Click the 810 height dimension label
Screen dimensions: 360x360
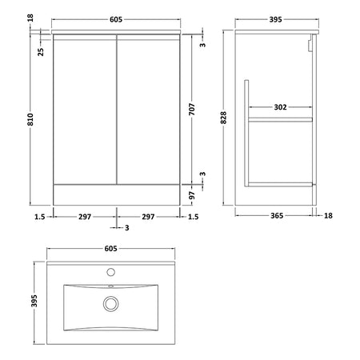pos(31,119)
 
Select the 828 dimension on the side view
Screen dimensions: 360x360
pos(223,118)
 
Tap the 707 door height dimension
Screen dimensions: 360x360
pos(192,110)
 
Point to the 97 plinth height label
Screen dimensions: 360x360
pos(192,195)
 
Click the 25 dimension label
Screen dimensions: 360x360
pos(41,52)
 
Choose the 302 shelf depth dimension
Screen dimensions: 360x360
pos(280,107)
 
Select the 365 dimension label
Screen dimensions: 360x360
pos(277,215)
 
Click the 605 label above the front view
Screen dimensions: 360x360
pos(116,19)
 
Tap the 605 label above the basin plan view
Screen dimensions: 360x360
pos(110,249)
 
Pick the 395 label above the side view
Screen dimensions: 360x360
pos(275,19)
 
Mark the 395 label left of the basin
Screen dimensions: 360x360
pos(34,301)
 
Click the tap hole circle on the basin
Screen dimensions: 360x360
pos(110,272)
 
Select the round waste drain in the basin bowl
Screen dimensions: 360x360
pos(110,304)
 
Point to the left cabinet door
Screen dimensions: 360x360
pos(85,110)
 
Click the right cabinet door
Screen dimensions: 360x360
pos(148,110)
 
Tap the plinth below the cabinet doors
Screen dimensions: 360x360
pos(117,195)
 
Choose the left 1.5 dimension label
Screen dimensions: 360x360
pos(40,217)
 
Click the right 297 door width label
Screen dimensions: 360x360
pos(148,217)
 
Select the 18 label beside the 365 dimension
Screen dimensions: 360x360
pos(328,215)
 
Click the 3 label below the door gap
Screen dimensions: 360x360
pos(127,228)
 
